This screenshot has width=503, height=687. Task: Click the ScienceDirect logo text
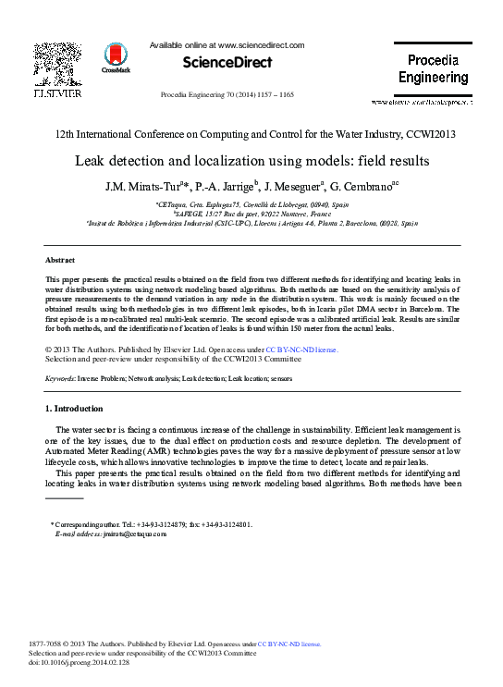click(227, 63)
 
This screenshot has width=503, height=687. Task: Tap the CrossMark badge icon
click(117, 58)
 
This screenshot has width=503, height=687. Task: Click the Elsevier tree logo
click(57, 65)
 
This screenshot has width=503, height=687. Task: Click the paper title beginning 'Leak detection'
click(251, 160)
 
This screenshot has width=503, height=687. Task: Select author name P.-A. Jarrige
click(222, 186)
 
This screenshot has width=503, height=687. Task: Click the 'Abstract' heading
click(60, 261)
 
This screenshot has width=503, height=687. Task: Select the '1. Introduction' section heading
click(75, 408)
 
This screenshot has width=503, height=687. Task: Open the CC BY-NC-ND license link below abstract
click(301, 350)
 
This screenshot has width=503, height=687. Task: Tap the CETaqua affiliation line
click(251, 202)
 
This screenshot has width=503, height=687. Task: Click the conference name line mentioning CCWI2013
click(251, 134)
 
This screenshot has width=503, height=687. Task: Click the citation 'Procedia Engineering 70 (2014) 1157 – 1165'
click(227, 95)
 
